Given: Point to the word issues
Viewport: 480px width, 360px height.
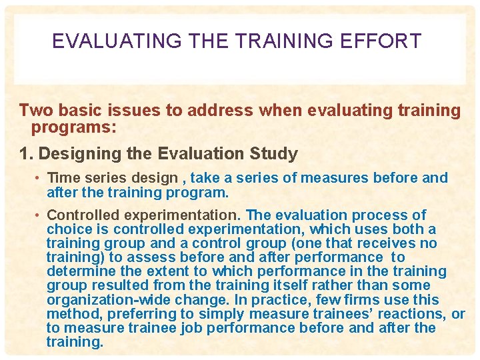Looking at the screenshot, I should point(129,111).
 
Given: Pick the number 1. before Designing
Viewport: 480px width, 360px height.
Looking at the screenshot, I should point(27,154).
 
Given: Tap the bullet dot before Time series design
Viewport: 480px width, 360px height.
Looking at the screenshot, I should point(39,179).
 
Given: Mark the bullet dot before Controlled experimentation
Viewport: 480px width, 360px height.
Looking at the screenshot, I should point(39,215).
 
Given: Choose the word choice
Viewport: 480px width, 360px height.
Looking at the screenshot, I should point(67,229).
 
